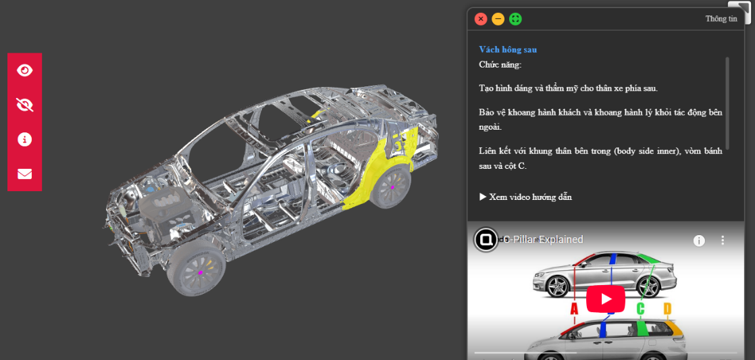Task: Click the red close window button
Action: pos(481,20)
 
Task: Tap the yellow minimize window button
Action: pos(498,20)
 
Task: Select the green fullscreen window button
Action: pos(515,20)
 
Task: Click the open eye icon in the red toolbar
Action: pos(24,70)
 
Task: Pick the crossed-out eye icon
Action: pos(24,105)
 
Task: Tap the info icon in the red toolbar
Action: pos(24,140)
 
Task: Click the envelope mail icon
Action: pos(24,174)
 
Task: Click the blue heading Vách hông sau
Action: pos(508,49)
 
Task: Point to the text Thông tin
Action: pos(721,20)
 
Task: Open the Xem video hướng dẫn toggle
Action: pos(525,197)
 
